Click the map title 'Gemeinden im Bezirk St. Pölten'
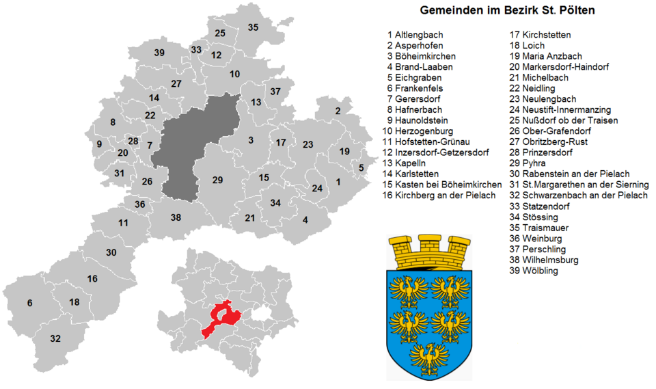click(506, 10)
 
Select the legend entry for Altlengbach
click(415, 34)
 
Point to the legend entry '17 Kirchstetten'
click(540, 34)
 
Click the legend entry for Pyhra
click(529, 163)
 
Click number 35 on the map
click(253, 27)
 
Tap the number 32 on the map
click(55, 338)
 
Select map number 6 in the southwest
click(29, 303)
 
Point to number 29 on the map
click(217, 180)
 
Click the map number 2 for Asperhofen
click(338, 111)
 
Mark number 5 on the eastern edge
click(361, 167)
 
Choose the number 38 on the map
click(176, 217)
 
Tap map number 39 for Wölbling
click(159, 53)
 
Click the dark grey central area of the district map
click(195, 137)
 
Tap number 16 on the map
click(92, 279)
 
